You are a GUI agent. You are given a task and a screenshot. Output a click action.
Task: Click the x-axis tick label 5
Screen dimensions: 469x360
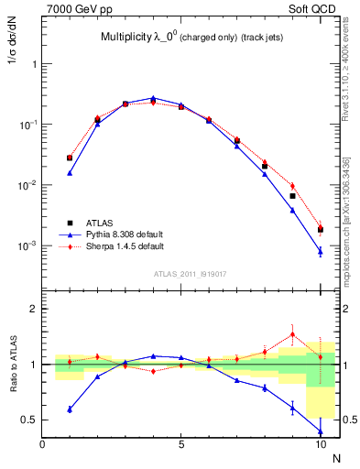(x=181, y=445)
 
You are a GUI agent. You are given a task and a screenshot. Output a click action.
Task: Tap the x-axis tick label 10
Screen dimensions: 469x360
(x=321, y=445)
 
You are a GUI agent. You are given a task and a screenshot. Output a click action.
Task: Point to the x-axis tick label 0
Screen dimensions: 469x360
(x=42, y=445)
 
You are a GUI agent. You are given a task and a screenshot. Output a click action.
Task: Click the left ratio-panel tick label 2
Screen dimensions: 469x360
(x=33, y=309)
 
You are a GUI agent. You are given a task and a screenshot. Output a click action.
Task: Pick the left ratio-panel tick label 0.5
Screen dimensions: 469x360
(x=28, y=420)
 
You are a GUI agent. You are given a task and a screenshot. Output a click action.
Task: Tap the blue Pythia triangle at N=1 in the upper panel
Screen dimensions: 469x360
(x=70, y=172)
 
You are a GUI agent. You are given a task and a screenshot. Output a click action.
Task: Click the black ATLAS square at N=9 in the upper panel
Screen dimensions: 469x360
(x=293, y=196)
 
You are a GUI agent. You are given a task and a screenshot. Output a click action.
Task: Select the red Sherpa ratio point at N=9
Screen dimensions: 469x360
(x=293, y=334)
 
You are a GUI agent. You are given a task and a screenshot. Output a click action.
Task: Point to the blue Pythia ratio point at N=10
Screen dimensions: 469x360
(x=321, y=431)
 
